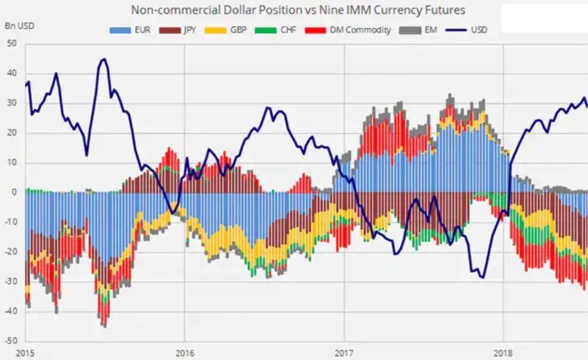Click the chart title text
pyautogui.click(x=298, y=10)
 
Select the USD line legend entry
pyautogui.click(x=469, y=29)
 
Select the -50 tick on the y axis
pyautogui.click(x=10, y=341)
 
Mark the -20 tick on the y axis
pyautogui.click(x=10, y=251)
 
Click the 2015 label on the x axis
pyautogui.click(x=25, y=353)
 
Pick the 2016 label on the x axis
pyautogui.click(x=185, y=353)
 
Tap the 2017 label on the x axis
pyautogui.click(x=344, y=353)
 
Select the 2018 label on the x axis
pyautogui.click(x=503, y=353)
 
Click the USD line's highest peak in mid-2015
pyautogui.click(x=104, y=59)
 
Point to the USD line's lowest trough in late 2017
pyautogui.click(x=482, y=278)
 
